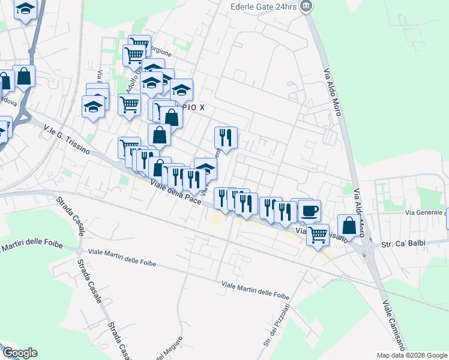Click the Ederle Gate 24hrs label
click(264, 7)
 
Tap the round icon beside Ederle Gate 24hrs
click(307, 7)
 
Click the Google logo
click(19, 353)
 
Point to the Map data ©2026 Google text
click(412, 355)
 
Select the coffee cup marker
click(310, 211)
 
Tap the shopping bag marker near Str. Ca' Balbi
click(349, 226)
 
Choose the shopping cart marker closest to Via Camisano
click(318, 235)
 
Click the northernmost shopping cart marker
click(139, 44)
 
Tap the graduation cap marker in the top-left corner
click(25, 10)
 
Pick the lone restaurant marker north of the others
click(226, 137)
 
